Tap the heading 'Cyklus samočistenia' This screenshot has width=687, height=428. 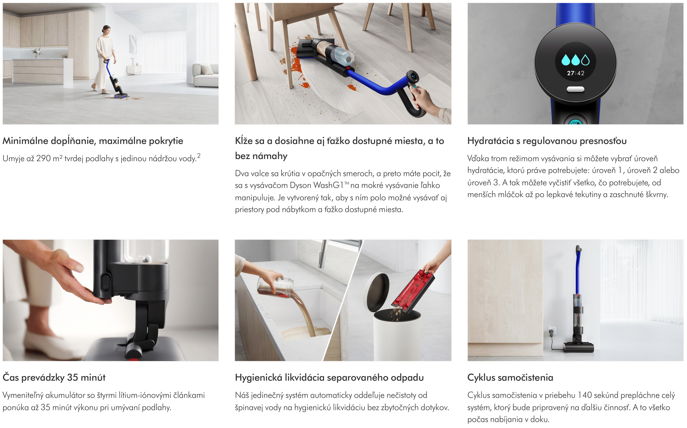click(x=510, y=377)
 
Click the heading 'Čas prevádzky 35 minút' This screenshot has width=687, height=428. click(x=54, y=377)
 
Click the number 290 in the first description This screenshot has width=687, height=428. click(x=44, y=158)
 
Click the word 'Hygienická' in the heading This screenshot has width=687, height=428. click(x=259, y=378)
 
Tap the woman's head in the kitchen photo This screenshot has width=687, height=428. click(x=106, y=29)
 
